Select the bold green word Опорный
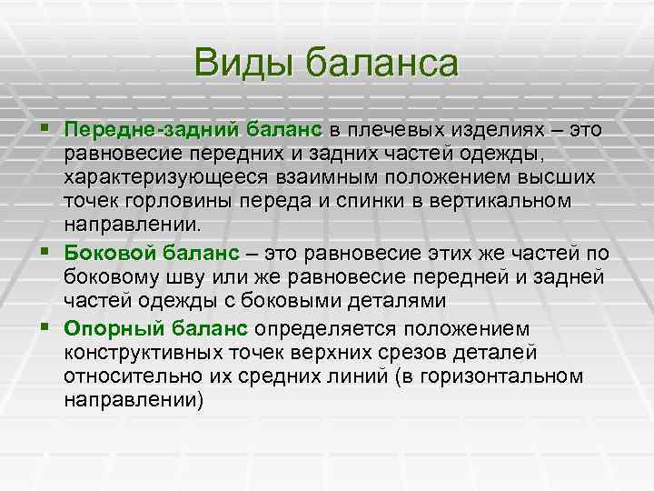106,327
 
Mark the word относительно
124,375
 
